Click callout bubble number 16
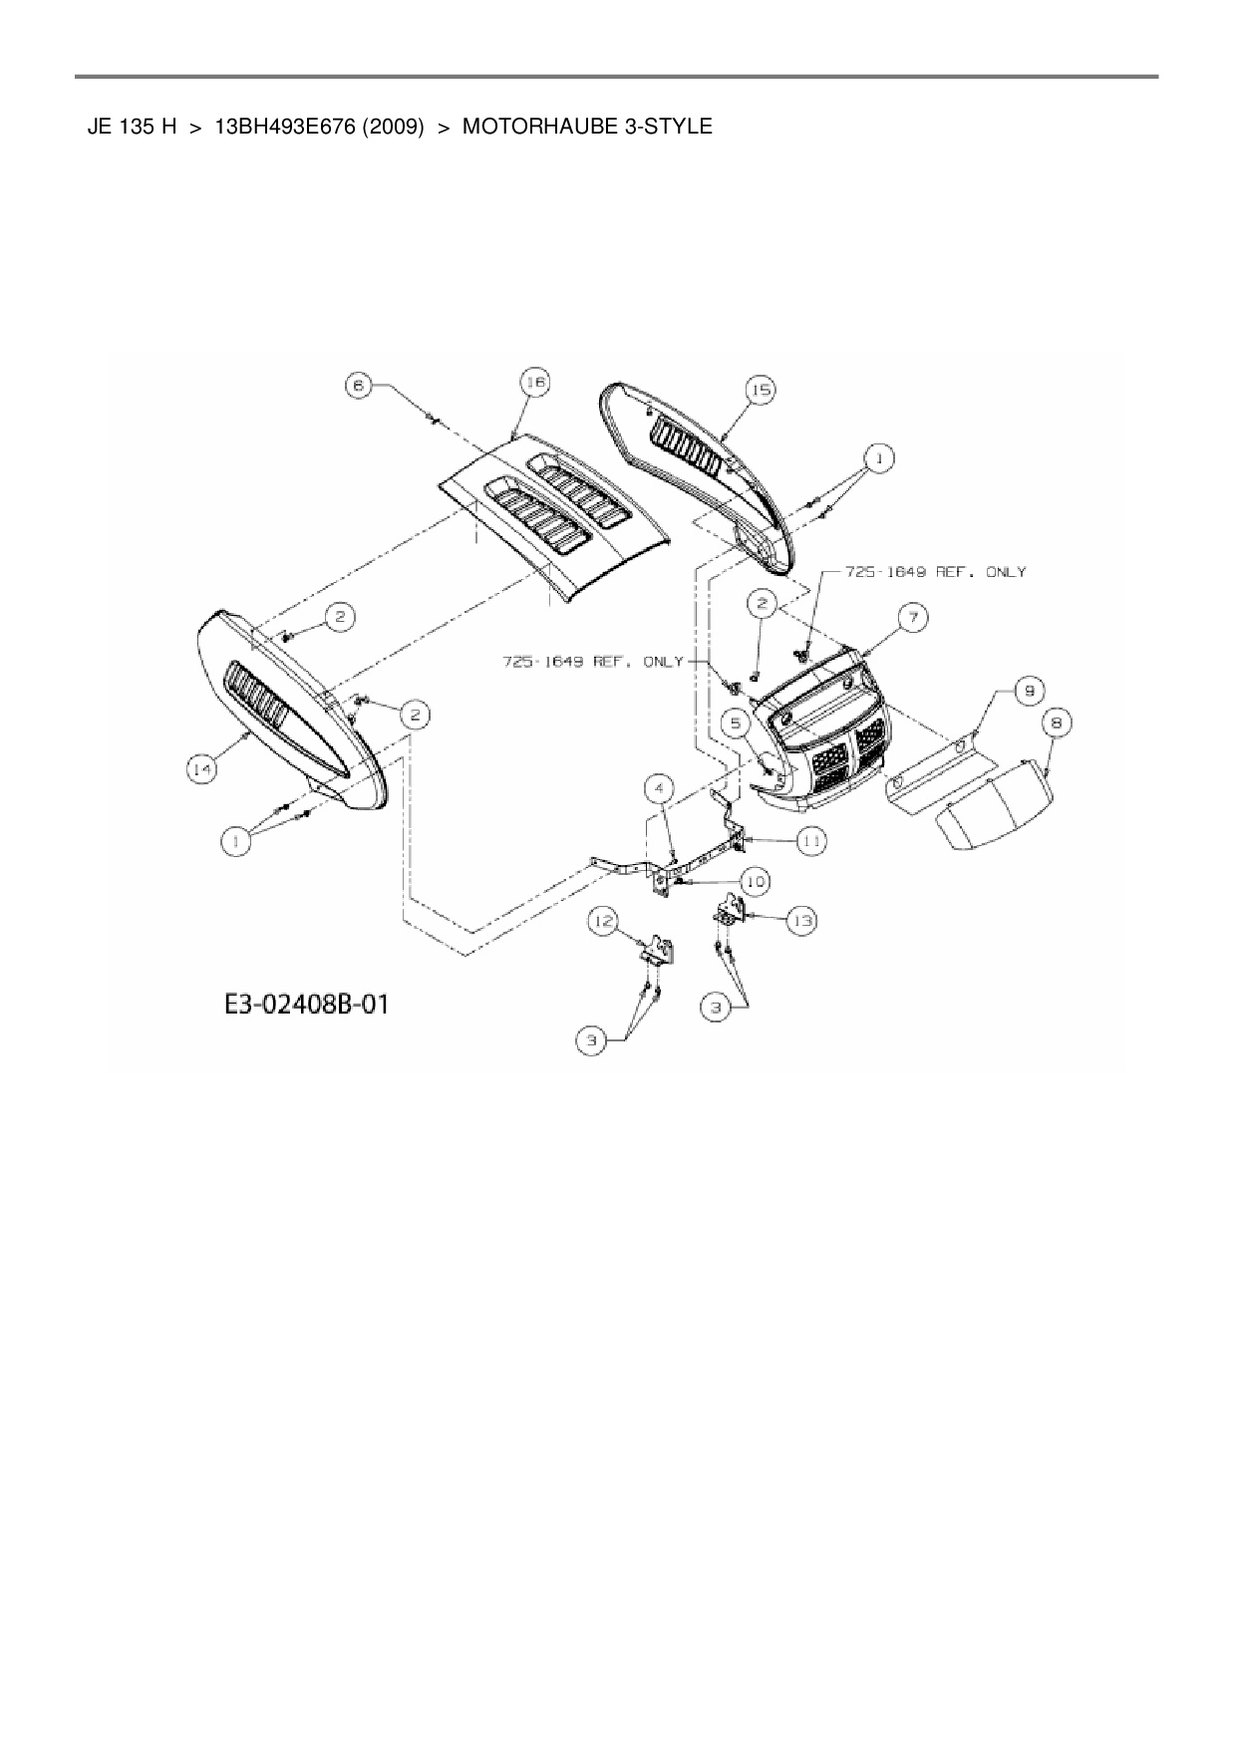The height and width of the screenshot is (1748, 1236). click(x=536, y=384)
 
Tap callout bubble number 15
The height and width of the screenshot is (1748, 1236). click(x=761, y=391)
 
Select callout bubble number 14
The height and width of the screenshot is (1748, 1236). click(x=202, y=768)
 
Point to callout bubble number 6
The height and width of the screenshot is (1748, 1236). click(x=359, y=385)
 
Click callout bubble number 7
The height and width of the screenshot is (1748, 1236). click(x=914, y=618)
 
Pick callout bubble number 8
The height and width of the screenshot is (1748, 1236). click(x=1058, y=723)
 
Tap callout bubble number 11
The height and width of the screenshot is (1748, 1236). click(x=812, y=840)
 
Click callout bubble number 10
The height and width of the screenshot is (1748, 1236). click(x=755, y=881)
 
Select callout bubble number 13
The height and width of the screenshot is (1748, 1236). click(x=801, y=921)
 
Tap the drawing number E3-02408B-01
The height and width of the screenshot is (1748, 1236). click(x=305, y=1003)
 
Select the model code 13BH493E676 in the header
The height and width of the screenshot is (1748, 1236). click(x=272, y=127)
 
